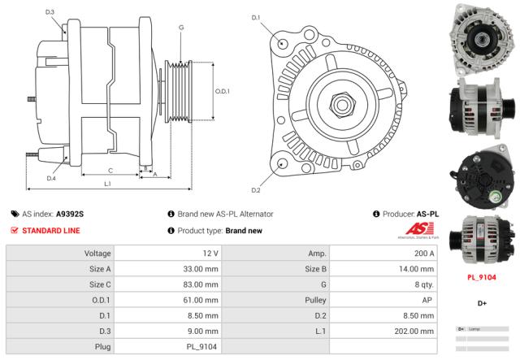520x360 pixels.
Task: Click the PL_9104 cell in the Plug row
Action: [201, 346]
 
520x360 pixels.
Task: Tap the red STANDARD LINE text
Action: [50, 230]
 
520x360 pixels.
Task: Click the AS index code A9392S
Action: [70, 214]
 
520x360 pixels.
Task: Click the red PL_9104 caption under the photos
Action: [482, 277]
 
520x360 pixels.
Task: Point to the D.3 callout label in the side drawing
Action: [50, 12]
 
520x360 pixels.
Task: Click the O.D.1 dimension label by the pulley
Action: [223, 91]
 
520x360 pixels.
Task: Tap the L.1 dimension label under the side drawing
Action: [108, 184]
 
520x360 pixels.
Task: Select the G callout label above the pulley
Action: [180, 28]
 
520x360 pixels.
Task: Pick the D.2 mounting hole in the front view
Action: [282, 163]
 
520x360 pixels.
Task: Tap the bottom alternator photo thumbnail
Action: [481, 237]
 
